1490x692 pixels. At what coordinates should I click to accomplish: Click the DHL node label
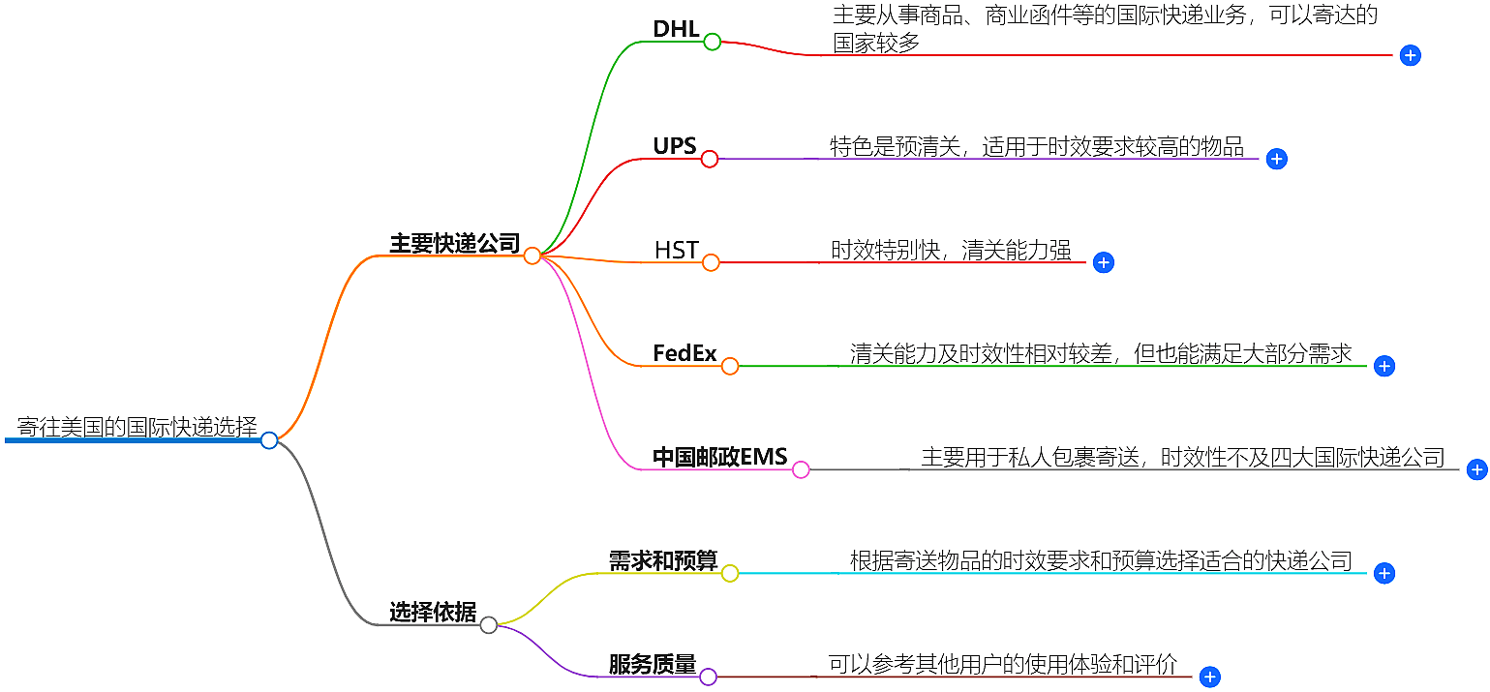tap(676, 29)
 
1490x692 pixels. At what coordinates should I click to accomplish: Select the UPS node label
tap(674, 146)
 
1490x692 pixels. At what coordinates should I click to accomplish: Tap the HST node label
tap(676, 250)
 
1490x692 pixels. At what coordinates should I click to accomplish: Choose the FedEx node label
tap(684, 353)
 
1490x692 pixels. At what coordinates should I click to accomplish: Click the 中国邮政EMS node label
tap(719, 457)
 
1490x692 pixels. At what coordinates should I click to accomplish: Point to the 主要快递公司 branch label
tap(454, 243)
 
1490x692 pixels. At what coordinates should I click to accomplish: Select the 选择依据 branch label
tap(432, 612)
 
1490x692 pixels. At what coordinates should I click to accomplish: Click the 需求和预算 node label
tap(662, 560)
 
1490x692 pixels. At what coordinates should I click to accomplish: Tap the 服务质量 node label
tap(652, 664)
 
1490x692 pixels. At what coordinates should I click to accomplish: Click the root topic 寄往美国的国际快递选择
tap(137, 427)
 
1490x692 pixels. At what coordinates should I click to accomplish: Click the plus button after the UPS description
tap(1276, 160)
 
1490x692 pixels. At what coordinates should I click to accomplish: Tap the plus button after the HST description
tap(1103, 262)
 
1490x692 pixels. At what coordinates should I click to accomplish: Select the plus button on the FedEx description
tap(1384, 366)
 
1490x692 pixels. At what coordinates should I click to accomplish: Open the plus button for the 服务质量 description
tap(1209, 677)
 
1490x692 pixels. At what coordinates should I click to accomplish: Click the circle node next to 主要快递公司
tap(532, 256)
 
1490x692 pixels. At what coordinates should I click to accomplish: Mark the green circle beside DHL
tap(713, 42)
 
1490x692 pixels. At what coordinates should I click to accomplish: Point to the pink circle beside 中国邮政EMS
tap(801, 470)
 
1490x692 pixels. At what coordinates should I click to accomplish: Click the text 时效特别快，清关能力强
tap(951, 250)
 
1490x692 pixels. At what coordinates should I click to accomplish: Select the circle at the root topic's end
tap(269, 440)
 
